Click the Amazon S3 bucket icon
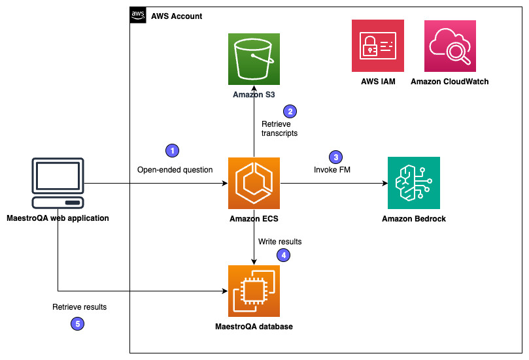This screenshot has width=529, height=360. [x=254, y=59]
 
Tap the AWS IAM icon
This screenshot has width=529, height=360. [x=377, y=46]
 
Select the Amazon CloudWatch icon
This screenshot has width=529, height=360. [x=450, y=46]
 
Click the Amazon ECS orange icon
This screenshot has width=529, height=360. [x=254, y=184]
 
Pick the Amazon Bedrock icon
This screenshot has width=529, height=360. [x=413, y=183]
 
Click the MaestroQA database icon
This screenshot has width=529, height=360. [x=254, y=291]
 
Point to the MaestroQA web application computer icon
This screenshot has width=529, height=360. [x=58, y=184]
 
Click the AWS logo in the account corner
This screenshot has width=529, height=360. [x=138, y=15]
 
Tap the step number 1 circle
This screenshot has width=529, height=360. [x=172, y=150]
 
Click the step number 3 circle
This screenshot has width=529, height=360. [x=335, y=157]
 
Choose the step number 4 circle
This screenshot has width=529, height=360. [x=283, y=255]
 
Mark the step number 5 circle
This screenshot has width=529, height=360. [x=77, y=322]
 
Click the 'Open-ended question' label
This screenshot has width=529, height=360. [x=175, y=170]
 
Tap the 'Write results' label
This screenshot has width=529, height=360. [x=280, y=242]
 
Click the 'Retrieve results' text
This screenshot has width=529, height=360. [x=79, y=306]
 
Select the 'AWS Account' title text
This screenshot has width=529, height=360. [x=177, y=16]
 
